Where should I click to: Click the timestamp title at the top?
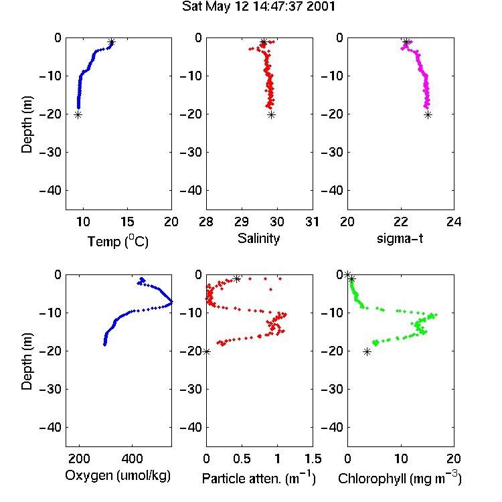[x=258, y=6]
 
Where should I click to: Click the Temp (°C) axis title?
[x=118, y=241]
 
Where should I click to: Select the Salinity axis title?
[x=258, y=238]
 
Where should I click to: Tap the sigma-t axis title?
[x=400, y=238]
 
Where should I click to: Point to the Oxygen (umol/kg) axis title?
[x=118, y=475]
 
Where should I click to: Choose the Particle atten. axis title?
[x=259, y=478]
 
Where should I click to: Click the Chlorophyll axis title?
[x=400, y=478]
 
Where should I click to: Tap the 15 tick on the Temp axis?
[x=127, y=222]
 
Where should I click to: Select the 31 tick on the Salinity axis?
[x=312, y=222]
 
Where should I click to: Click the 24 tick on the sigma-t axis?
[x=454, y=222]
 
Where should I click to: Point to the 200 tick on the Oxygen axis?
[x=79, y=458]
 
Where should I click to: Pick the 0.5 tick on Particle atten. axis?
[x=242, y=458]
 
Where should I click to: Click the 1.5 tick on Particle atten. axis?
[x=313, y=458]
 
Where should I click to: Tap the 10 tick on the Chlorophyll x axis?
[x=401, y=458]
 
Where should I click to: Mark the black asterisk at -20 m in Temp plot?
[x=78, y=115]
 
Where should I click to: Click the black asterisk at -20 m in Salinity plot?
[x=272, y=115]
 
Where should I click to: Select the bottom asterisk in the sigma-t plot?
[x=428, y=115]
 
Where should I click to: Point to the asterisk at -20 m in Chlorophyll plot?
[x=367, y=352]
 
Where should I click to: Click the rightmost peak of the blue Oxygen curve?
[x=171, y=302]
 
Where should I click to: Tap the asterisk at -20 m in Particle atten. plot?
[x=207, y=351]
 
